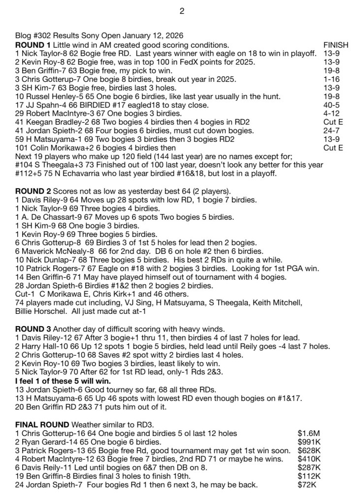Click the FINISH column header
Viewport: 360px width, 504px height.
(335, 45)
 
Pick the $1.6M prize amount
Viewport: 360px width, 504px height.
(309, 433)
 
